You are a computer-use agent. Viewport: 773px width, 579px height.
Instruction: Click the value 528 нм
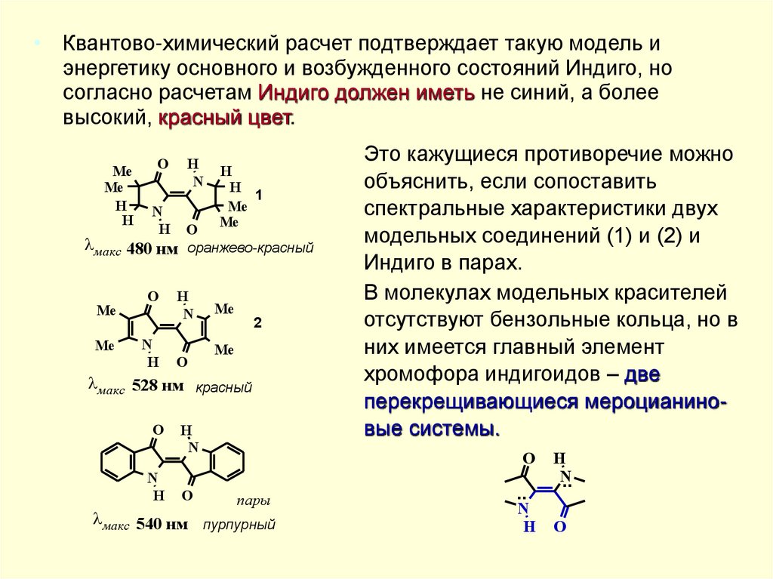coord(157,387)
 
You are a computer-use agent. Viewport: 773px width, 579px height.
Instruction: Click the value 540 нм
coord(161,525)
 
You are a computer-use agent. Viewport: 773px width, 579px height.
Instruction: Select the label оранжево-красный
coord(250,248)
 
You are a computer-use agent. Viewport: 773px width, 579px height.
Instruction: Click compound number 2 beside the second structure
coord(257,323)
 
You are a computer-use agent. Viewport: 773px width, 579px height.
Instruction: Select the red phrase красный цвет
coord(224,119)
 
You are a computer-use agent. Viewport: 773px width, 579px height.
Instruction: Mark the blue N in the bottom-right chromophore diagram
coord(523,509)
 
